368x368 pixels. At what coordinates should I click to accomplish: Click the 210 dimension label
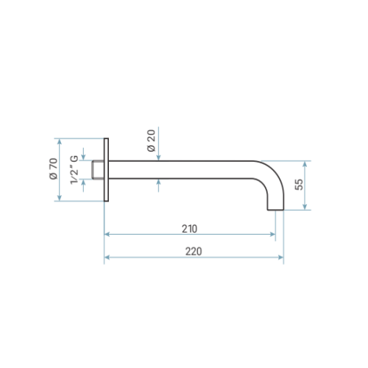tap(189, 229)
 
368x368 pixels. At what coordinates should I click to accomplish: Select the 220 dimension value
tap(194, 252)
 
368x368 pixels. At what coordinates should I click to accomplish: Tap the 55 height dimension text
tap(299, 185)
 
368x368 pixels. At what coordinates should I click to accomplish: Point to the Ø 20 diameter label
tap(152, 141)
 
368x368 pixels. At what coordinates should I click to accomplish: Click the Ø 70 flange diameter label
tap(54, 169)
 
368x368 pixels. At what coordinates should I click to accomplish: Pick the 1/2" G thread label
tap(74, 170)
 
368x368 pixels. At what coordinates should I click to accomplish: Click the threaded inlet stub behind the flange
tap(98, 170)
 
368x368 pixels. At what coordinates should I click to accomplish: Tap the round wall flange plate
tap(106, 170)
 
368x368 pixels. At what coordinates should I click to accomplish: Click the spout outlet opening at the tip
tap(275, 210)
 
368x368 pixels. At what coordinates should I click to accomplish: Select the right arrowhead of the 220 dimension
tap(281, 257)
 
